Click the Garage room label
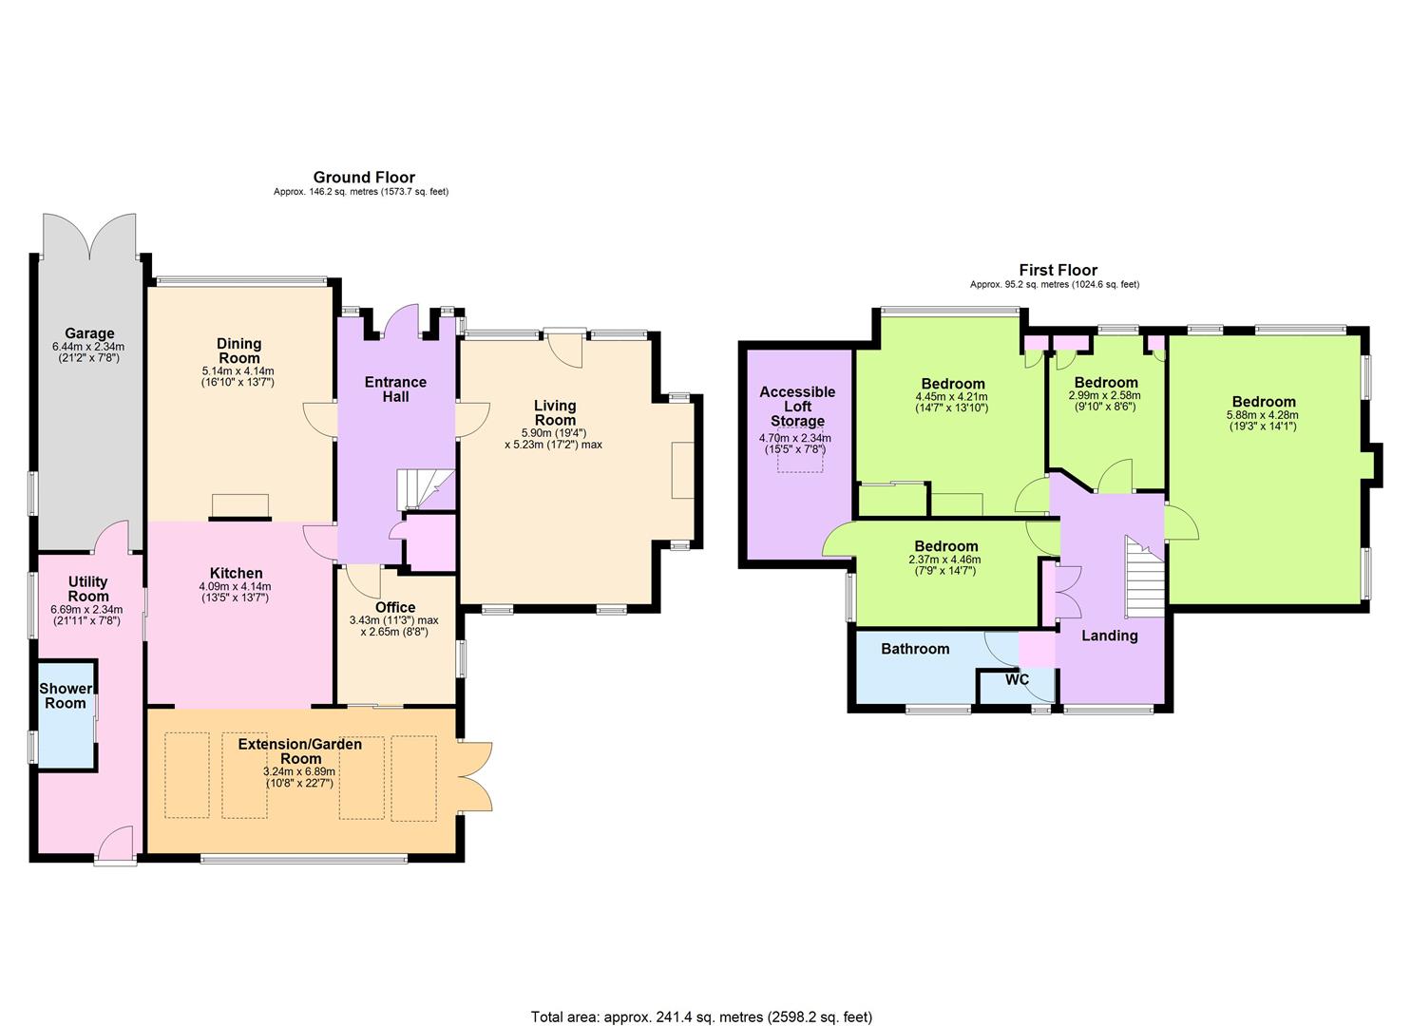[89, 333]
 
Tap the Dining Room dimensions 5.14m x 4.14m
[238, 370]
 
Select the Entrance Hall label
[395, 389]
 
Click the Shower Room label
[66, 696]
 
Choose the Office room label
[395, 607]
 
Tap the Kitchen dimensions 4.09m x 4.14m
[235, 586]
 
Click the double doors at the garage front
[89, 237]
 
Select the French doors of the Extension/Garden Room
[475, 776]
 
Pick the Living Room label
[555, 412]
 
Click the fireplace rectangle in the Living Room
[683, 470]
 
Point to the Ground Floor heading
[364, 177]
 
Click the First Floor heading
[1058, 270]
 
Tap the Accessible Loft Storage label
[797, 407]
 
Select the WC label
[1018, 679]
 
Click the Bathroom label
[915, 649]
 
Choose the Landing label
[1109, 636]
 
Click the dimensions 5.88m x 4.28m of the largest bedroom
[1263, 415]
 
